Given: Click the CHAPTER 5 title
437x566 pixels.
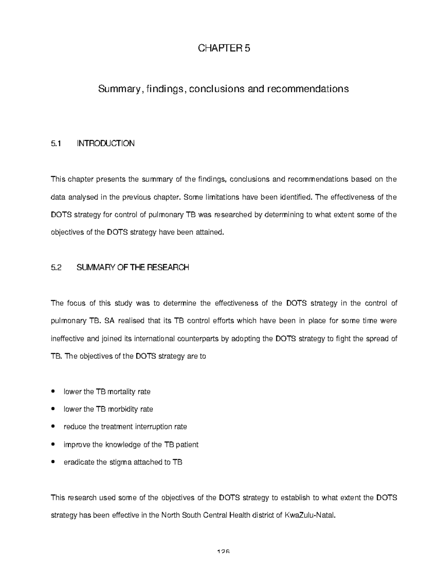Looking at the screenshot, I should pos(224,48).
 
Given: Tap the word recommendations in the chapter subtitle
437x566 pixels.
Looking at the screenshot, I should pos(308,89).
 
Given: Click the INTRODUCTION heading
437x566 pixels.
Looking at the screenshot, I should pos(105,144).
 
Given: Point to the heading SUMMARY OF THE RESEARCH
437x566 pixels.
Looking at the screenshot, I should pos(133,268).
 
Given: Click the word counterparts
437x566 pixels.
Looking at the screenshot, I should pos(198,339).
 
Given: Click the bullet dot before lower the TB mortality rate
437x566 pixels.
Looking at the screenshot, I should pos(54,392).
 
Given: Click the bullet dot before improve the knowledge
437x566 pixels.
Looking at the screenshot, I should pos(54,445).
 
